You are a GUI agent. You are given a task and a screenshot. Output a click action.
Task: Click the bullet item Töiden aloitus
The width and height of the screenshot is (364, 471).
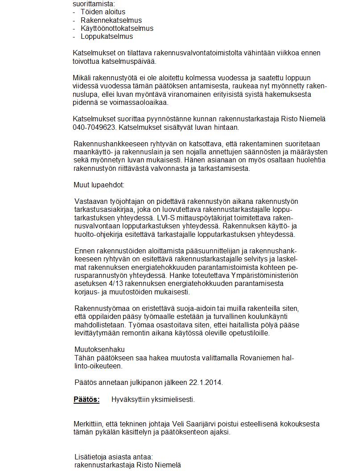coord(103,12)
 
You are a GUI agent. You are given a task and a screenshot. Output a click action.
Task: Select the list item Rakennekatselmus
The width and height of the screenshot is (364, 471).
coord(111,20)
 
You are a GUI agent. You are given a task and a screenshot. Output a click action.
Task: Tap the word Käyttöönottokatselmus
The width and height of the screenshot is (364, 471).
coord(117,28)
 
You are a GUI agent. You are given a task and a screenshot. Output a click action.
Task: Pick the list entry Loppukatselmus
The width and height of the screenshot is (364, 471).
coord(107,37)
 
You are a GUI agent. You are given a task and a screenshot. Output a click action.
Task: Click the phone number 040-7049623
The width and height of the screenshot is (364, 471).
coord(93,127)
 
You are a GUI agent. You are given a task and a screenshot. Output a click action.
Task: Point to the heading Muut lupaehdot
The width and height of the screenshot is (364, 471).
coord(99,185)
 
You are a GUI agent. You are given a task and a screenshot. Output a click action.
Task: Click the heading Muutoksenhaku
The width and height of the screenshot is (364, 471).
coord(99,350)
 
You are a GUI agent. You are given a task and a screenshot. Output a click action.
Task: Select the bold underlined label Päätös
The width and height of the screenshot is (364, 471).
coord(87,400)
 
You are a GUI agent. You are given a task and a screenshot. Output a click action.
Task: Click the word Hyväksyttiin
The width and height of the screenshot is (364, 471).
coord(130,400)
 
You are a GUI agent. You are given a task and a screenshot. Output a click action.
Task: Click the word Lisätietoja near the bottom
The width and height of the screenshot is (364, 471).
coord(91,457)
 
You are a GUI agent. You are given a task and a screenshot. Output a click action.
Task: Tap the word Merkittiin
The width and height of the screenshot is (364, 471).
coord(90,424)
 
